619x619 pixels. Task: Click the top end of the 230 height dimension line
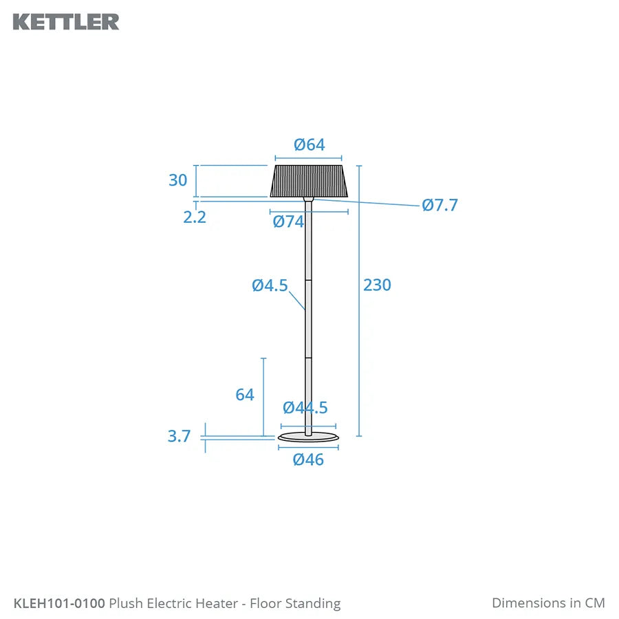pyautogui.click(x=359, y=166)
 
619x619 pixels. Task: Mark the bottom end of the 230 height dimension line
pyautogui.click(x=359, y=436)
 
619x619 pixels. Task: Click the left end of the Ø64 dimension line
pyautogui.click(x=275, y=158)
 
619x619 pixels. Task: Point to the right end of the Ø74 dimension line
pyautogui.click(x=348, y=212)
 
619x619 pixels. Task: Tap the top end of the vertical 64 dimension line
pyautogui.click(x=263, y=358)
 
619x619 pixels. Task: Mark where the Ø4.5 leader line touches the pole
pyautogui.click(x=305, y=310)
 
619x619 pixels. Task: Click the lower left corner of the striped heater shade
pyautogui.click(x=270, y=197)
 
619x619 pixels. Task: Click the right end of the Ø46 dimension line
pyautogui.click(x=338, y=447)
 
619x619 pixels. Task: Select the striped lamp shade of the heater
pyautogui.click(x=309, y=181)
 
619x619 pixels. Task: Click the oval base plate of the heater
pyautogui.click(x=308, y=437)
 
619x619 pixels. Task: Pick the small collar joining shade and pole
pyautogui.click(x=308, y=199)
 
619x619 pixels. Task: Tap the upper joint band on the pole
pyautogui.click(x=308, y=281)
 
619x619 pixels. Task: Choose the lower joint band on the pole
pyautogui.click(x=308, y=358)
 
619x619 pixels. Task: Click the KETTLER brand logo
pyautogui.click(x=66, y=22)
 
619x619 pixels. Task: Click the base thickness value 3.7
pyautogui.click(x=179, y=436)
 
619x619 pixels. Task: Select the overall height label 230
pyautogui.click(x=377, y=285)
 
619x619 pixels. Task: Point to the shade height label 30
pyautogui.click(x=177, y=180)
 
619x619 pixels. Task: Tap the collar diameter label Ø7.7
pyautogui.click(x=439, y=205)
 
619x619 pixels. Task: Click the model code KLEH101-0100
pyautogui.click(x=59, y=603)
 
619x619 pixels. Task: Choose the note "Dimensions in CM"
pyautogui.click(x=548, y=602)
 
